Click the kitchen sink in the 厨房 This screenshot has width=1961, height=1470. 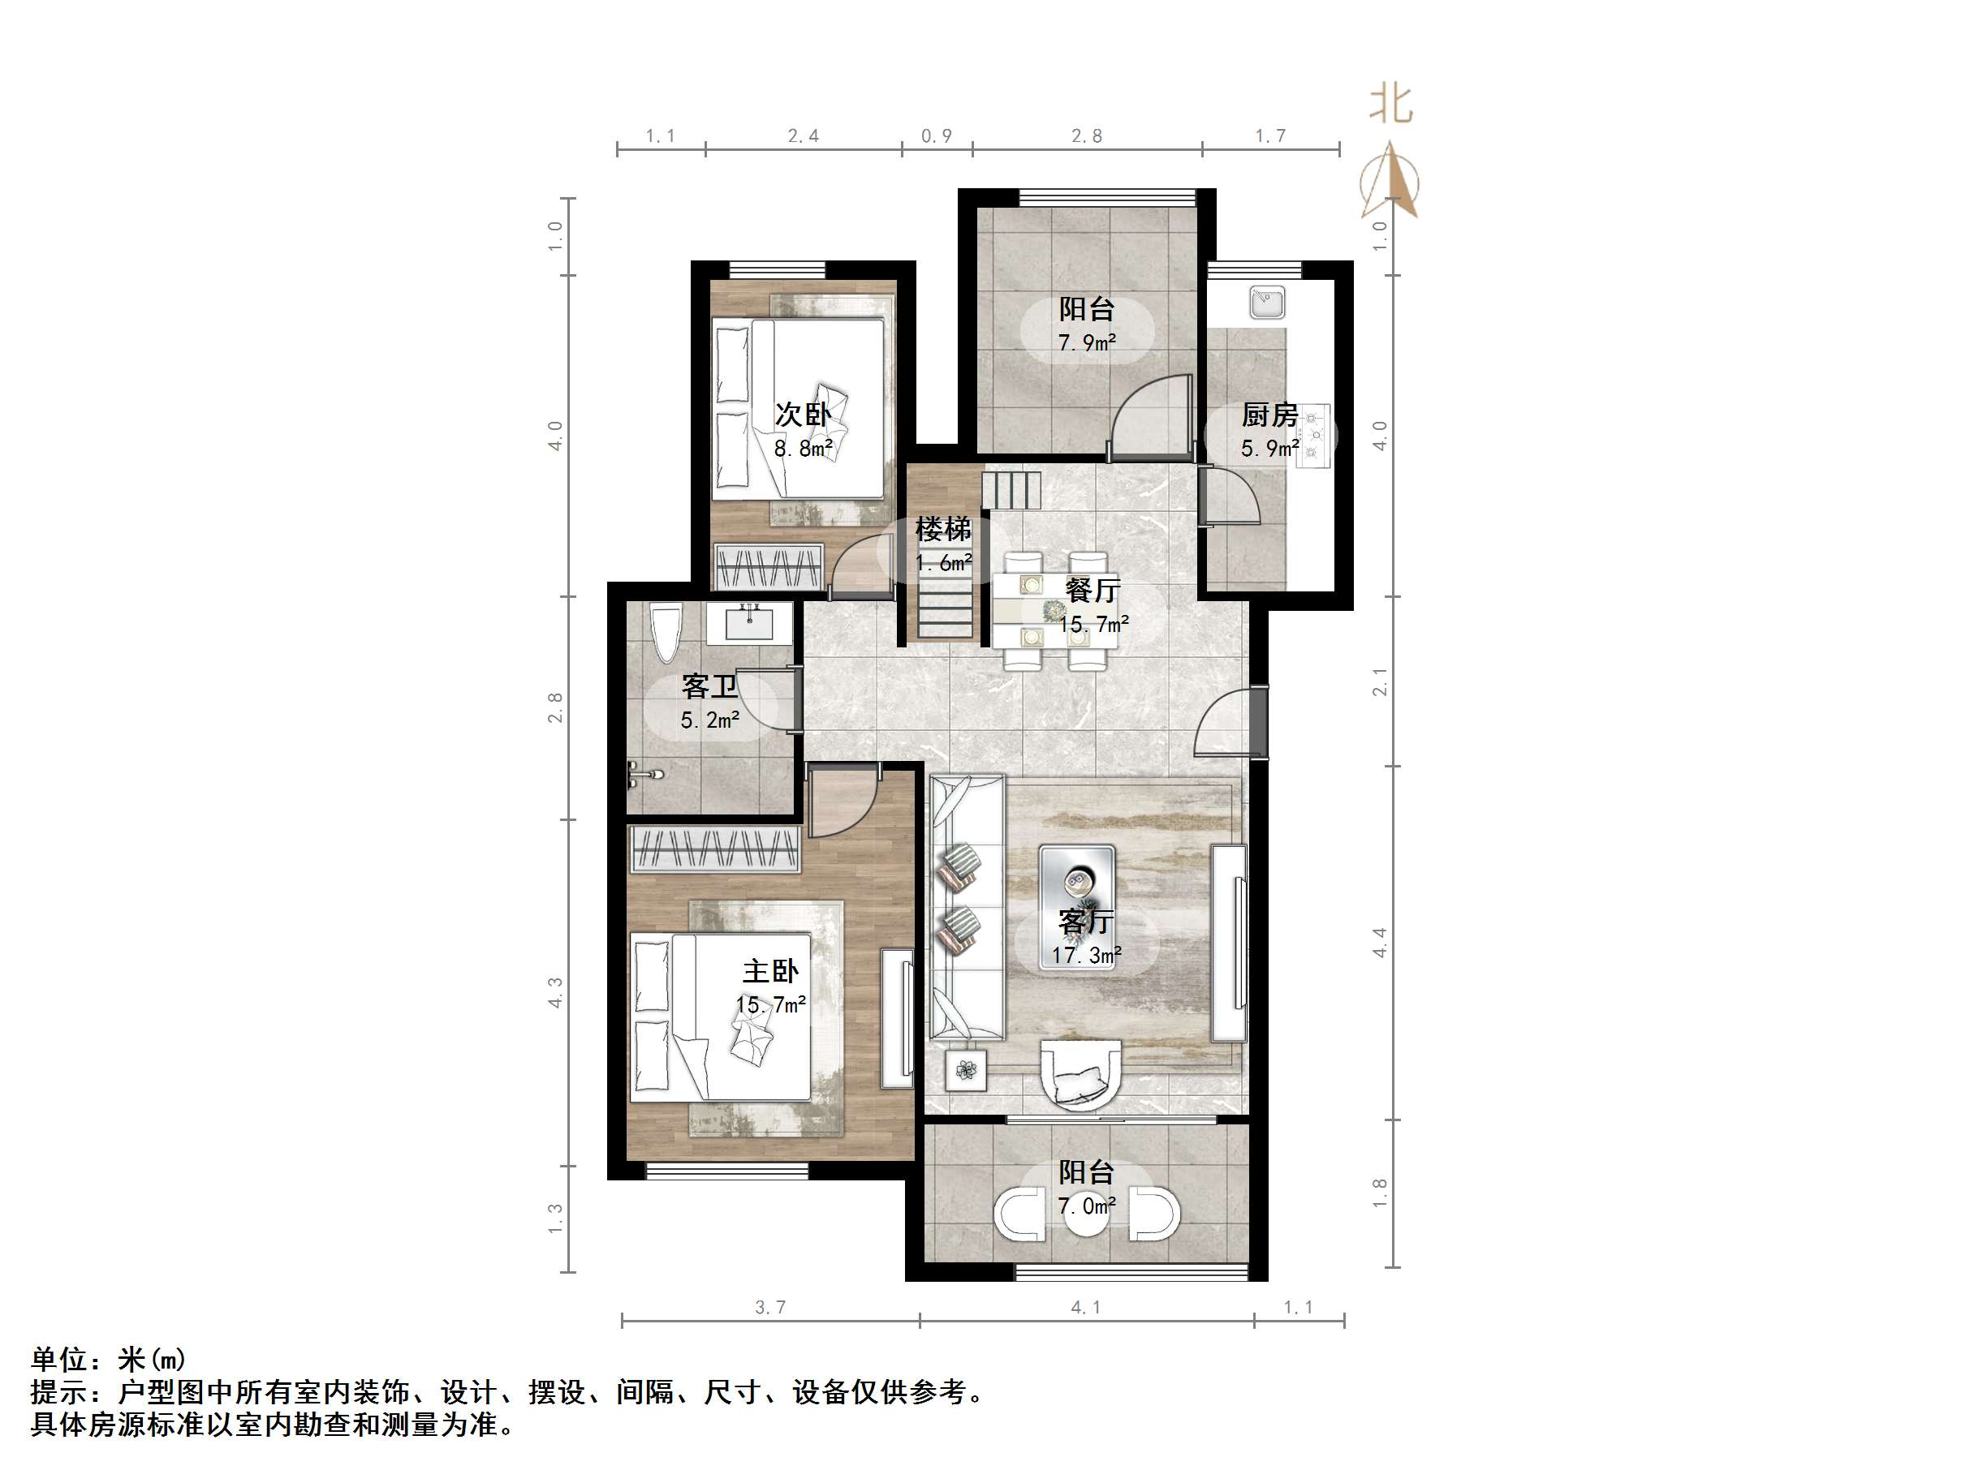(1267, 302)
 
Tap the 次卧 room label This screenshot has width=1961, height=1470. (804, 414)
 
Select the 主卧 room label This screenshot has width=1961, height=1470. (770, 971)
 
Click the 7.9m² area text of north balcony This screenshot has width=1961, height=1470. (1087, 342)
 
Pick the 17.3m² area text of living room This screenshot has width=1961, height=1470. (1087, 955)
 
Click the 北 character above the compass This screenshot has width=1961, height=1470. (1390, 105)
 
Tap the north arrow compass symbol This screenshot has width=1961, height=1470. (1390, 182)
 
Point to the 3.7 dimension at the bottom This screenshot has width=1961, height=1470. (769, 1307)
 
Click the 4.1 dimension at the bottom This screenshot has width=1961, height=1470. (1086, 1307)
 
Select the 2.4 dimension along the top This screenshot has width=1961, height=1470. (804, 135)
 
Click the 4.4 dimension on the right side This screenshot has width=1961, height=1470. (1380, 942)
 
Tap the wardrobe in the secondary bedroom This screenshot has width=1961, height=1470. (769, 566)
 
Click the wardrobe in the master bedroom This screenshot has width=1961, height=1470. (714, 849)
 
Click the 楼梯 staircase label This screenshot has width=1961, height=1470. (943, 529)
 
